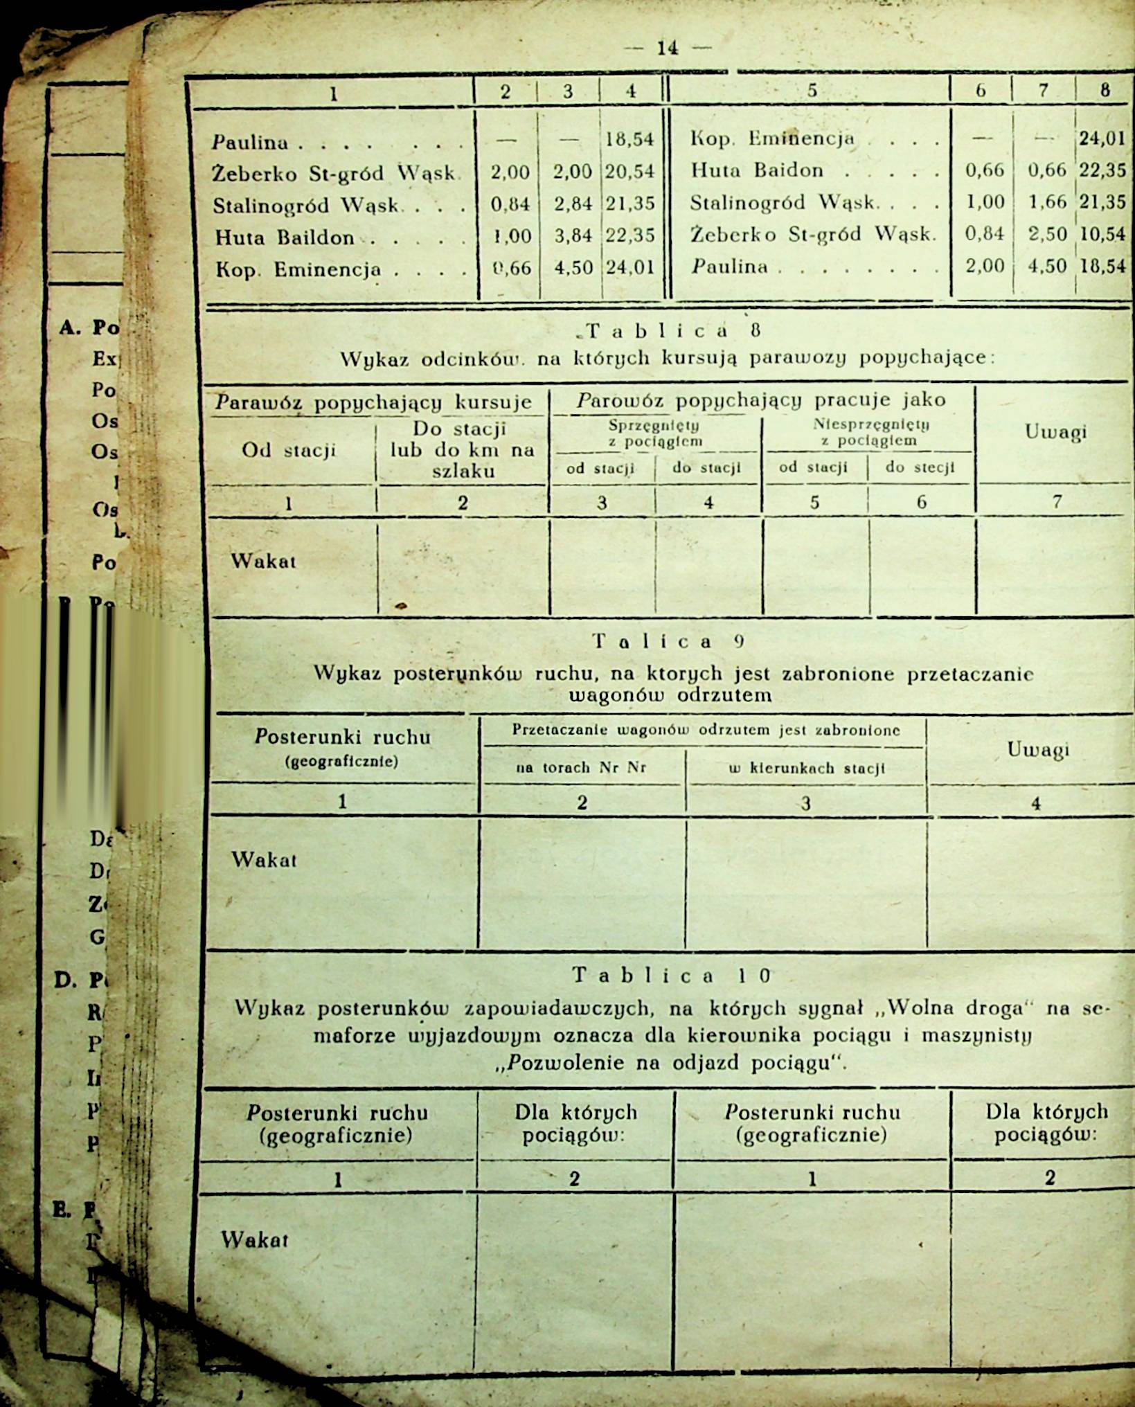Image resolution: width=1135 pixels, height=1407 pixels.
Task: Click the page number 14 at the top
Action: (668, 48)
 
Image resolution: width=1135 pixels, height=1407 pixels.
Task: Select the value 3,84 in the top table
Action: (573, 236)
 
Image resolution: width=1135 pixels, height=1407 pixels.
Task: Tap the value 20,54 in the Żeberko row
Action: (629, 171)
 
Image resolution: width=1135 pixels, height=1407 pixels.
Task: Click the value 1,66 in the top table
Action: (1047, 202)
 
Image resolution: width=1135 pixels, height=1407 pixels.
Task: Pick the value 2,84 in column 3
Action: (573, 204)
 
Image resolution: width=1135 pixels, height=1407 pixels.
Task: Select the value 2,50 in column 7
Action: (1047, 234)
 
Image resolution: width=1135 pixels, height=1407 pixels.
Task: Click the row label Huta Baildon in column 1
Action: (285, 238)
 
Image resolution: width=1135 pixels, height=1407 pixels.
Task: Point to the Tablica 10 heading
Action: (671, 976)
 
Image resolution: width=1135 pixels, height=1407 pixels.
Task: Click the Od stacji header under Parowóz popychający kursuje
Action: (288, 450)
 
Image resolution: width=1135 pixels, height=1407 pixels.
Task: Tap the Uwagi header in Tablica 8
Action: (1055, 432)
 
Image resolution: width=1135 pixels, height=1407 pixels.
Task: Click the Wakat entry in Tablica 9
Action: (264, 860)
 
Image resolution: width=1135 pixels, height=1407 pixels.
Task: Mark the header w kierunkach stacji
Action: (807, 768)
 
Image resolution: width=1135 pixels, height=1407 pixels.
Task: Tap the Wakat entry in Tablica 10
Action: (254, 1239)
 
